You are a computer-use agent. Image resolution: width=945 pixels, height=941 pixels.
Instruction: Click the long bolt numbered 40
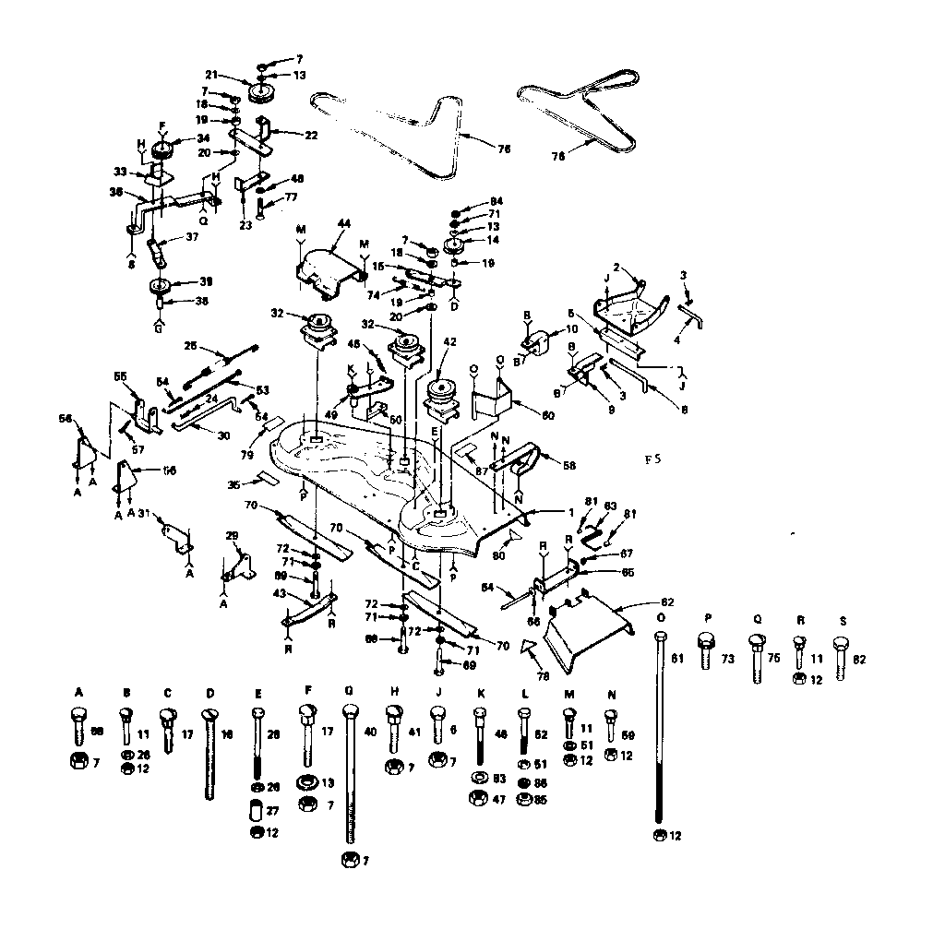(x=350, y=775)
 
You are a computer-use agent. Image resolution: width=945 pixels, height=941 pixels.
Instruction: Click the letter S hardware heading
(x=842, y=621)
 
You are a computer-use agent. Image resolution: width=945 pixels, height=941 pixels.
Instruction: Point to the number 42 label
(x=449, y=342)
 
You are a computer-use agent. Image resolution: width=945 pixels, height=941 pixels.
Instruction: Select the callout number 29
(x=232, y=536)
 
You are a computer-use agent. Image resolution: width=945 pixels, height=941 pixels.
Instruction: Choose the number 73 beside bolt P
(x=729, y=659)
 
